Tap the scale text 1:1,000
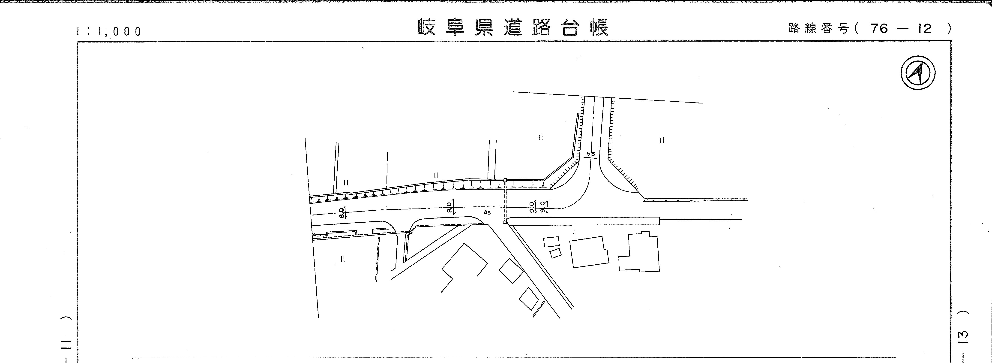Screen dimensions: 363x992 109,31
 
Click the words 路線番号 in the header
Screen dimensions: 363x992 818,28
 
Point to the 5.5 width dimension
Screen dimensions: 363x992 590,154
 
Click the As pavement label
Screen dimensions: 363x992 487,212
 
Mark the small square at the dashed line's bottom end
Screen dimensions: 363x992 505,222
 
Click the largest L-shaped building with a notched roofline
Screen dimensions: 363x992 638,252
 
